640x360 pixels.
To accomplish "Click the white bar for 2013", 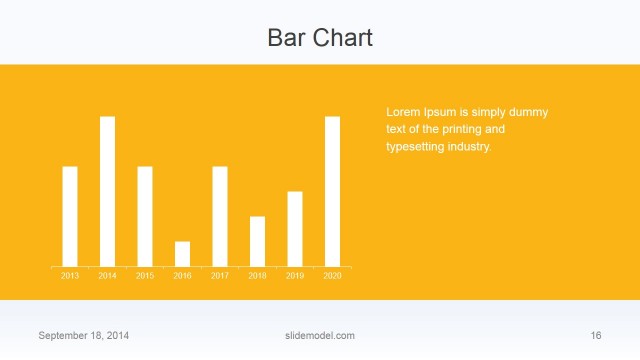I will point(70,216).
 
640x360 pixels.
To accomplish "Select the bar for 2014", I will point(107,191).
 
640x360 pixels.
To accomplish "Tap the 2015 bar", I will point(145,216).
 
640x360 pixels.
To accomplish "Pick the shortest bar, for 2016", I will point(182,254).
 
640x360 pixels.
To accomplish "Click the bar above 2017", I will point(220,216).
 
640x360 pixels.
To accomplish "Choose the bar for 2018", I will point(257,241).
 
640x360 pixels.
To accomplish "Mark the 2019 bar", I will point(295,229).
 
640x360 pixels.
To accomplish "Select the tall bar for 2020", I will point(332,191).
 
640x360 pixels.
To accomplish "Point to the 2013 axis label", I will point(70,275).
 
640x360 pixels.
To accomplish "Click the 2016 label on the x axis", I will point(182,275).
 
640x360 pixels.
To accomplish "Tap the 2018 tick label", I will point(257,275).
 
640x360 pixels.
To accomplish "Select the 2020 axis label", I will point(332,275).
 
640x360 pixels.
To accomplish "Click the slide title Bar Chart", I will point(320,38).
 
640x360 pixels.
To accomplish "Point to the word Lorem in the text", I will point(402,113).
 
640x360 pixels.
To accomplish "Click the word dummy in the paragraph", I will point(528,113).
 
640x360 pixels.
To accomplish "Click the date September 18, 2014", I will point(84,335).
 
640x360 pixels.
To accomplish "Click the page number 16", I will point(596,335).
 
